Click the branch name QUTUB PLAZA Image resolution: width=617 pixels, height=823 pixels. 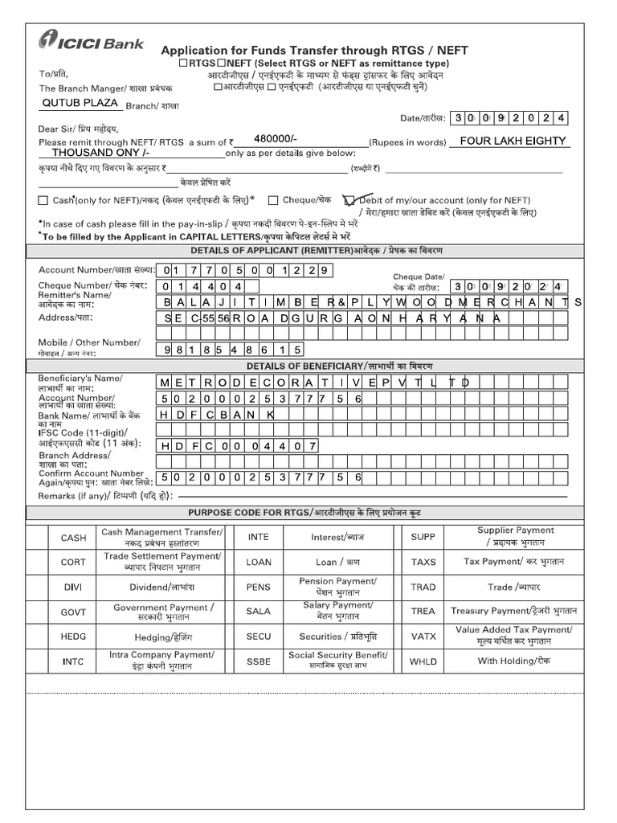(80, 103)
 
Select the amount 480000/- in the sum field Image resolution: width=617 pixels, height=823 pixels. (275, 138)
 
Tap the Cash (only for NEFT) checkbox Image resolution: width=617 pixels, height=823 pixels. (43, 200)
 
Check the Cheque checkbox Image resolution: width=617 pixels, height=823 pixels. (274, 200)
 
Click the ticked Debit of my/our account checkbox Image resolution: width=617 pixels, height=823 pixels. (349, 200)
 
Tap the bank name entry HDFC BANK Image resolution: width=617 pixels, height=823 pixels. (216, 413)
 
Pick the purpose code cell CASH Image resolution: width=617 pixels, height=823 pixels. (73, 538)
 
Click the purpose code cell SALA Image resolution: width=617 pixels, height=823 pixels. (258, 611)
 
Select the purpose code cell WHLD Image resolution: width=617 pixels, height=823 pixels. (423, 661)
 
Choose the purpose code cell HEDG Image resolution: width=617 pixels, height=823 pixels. (73, 636)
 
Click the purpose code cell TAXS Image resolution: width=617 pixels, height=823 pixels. (423, 562)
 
